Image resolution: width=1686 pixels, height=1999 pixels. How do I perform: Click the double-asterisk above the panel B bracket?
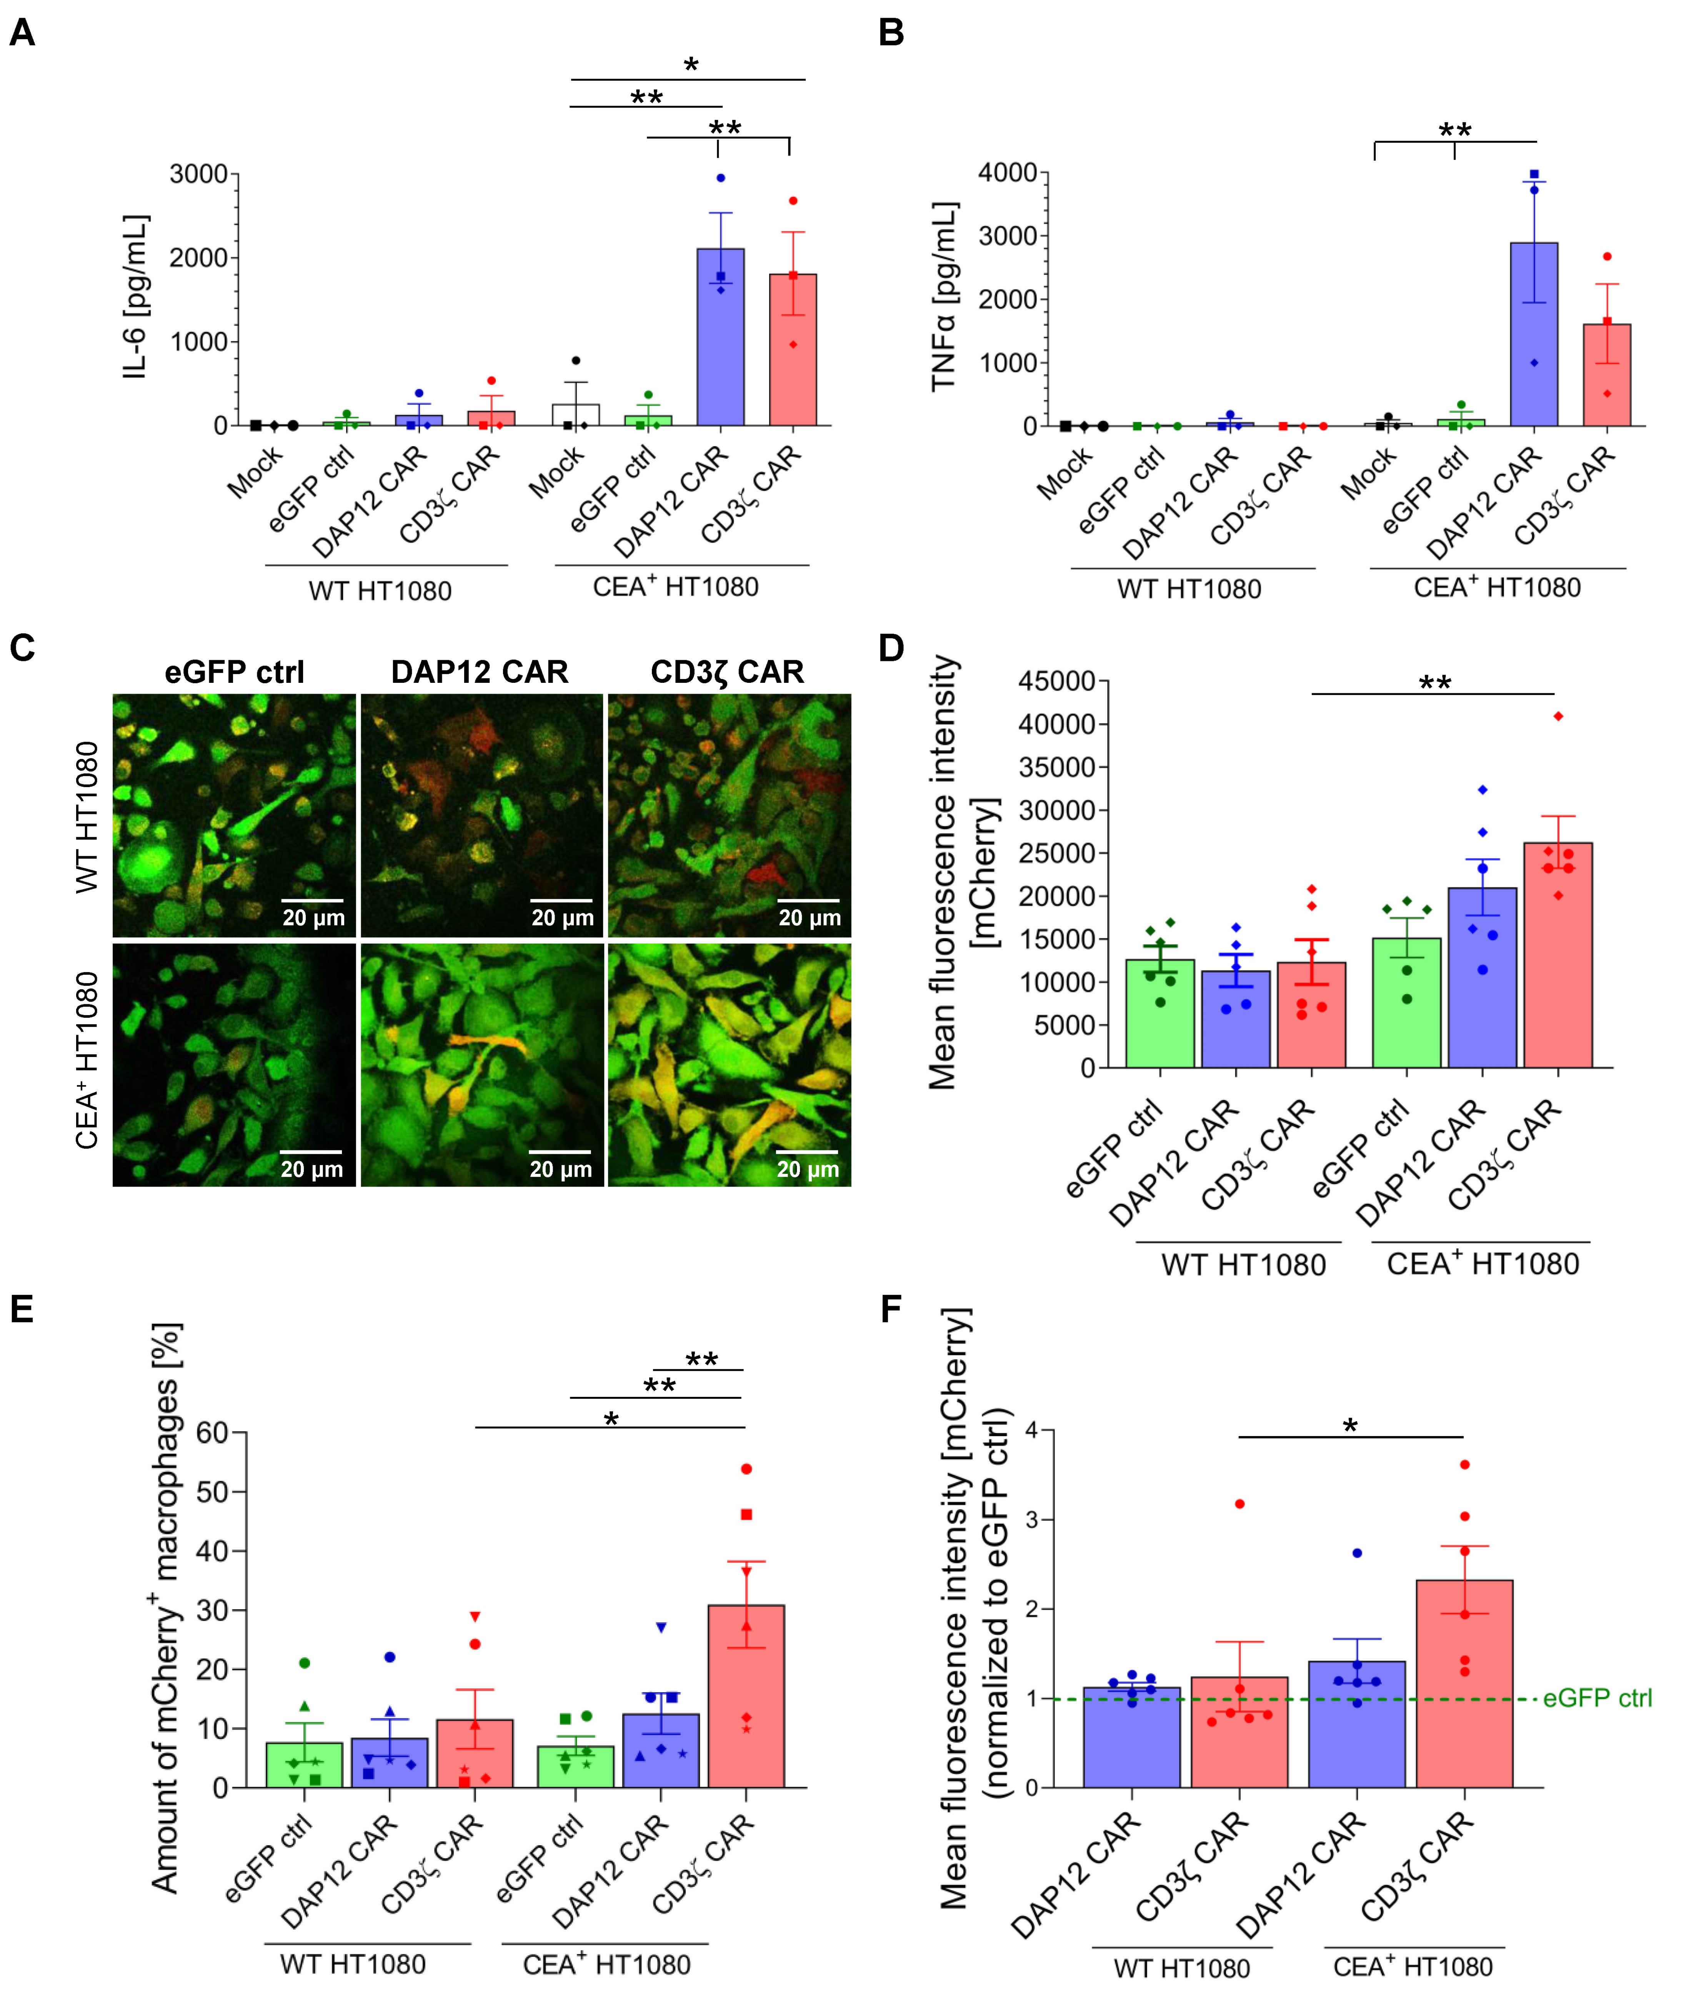tap(1455, 130)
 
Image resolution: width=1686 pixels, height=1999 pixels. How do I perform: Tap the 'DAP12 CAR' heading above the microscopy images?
tap(480, 672)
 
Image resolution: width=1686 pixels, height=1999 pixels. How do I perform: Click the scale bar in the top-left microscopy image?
tap(313, 900)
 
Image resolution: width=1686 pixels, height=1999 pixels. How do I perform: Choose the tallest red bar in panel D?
tap(1558, 955)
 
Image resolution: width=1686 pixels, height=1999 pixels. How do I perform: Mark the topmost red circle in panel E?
tap(746, 1469)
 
